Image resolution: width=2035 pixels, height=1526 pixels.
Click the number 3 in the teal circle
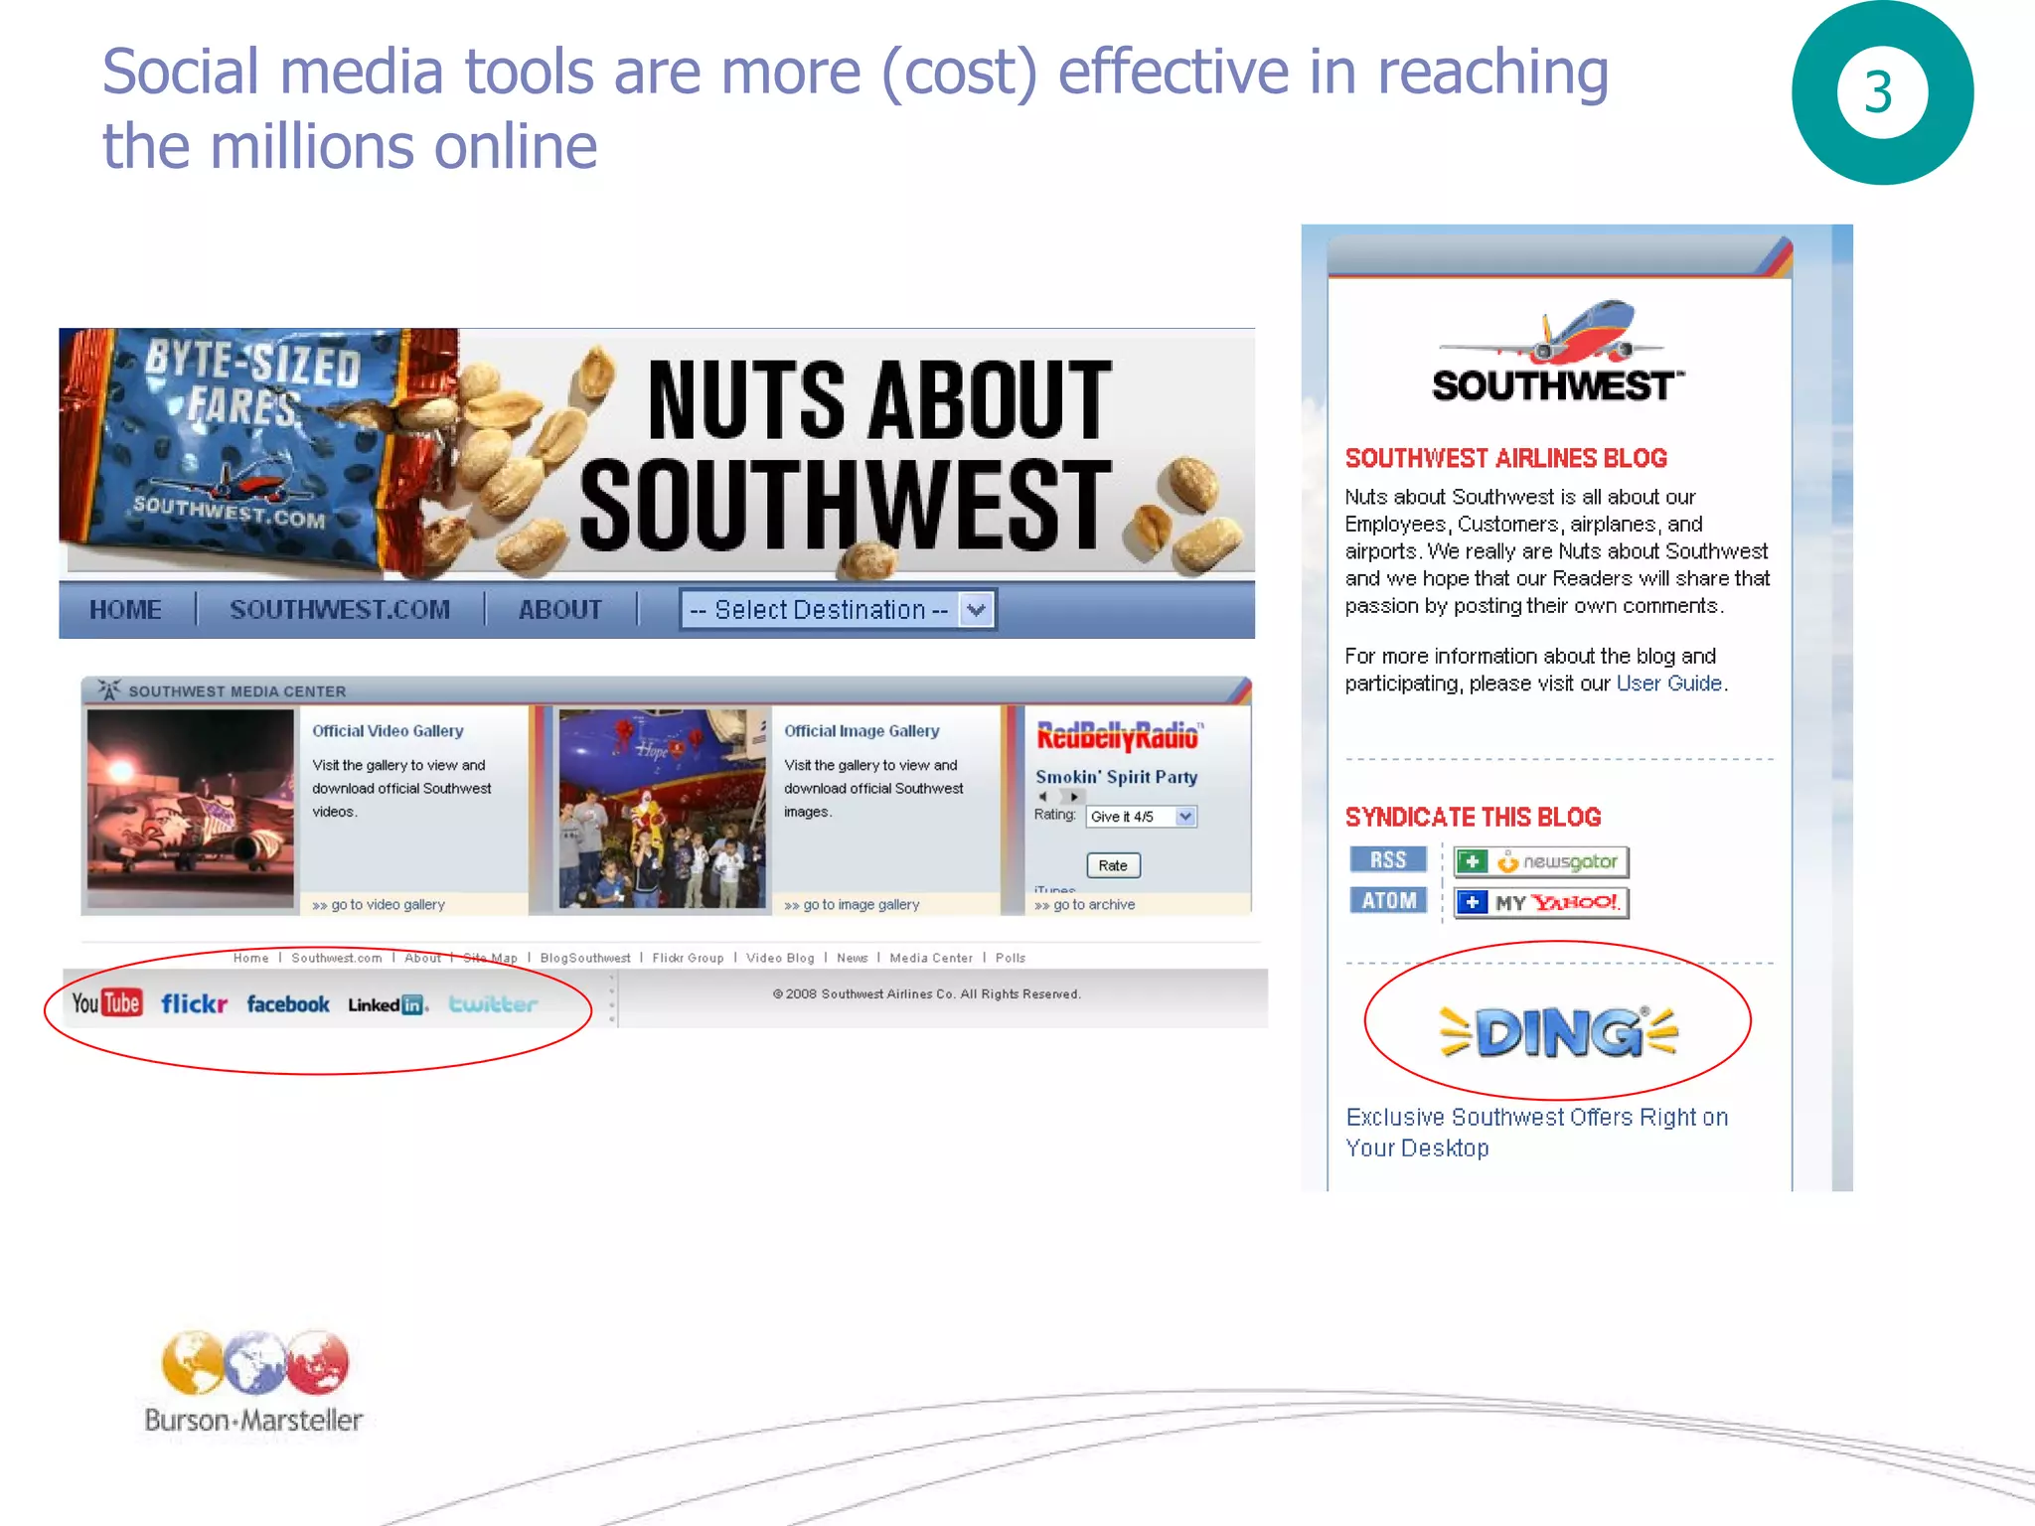click(1878, 92)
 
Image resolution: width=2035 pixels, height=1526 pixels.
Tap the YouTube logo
click(106, 1002)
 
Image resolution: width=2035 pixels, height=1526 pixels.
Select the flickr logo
click(195, 1004)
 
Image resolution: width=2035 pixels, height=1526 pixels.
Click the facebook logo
click(288, 1004)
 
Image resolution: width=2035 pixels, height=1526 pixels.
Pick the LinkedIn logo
click(388, 1005)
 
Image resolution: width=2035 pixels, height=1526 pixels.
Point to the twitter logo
click(493, 1004)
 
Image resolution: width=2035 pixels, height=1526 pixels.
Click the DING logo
click(1558, 1032)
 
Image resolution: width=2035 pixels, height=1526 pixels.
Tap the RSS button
click(1388, 860)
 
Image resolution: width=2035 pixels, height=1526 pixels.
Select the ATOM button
click(1388, 901)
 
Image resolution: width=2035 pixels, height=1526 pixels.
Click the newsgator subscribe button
click(1540, 861)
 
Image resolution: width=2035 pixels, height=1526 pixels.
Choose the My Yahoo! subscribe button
click(1540, 902)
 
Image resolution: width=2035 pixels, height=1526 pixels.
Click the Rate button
click(1113, 865)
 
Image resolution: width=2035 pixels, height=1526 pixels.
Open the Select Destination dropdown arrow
click(977, 609)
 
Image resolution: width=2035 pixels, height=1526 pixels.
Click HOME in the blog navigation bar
click(126, 610)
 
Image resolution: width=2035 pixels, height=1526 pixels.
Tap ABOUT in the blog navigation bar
click(560, 610)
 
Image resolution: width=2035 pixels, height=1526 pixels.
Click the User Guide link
click(1668, 684)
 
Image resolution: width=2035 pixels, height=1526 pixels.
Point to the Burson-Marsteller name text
click(253, 1421)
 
